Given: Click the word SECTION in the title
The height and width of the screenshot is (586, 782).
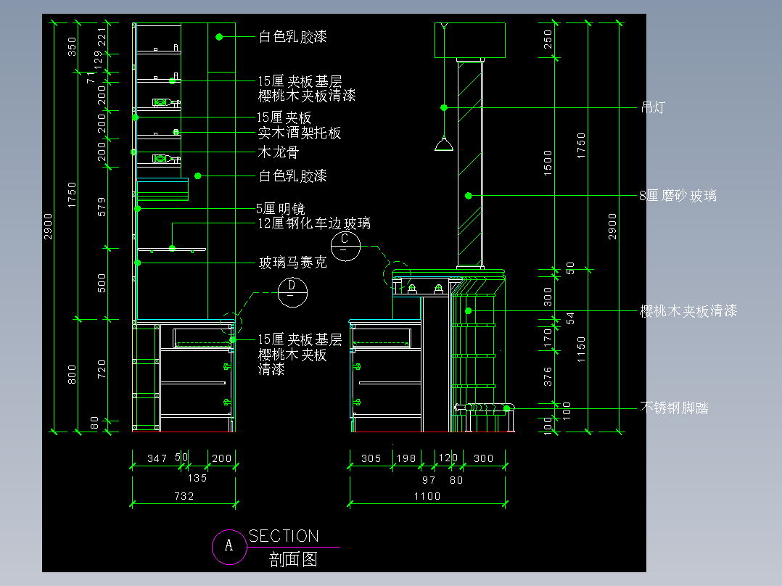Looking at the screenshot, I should pos(283,536).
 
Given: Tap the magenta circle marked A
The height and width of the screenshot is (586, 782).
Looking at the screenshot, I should pos(229,545).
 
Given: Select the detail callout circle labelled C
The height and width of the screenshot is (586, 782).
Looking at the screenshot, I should pos(345,244).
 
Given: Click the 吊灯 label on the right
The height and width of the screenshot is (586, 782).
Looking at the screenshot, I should pos(653,108).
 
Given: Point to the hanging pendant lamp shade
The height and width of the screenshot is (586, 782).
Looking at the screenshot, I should pos(444,144).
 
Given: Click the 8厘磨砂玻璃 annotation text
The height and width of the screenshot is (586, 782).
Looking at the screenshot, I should pos(678,196).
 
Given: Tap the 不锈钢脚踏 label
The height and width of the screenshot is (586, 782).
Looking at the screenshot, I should pos(675,408).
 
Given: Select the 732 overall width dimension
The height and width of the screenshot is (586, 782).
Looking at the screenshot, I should pos(184,496).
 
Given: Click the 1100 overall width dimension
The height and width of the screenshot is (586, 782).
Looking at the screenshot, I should pos(427,496).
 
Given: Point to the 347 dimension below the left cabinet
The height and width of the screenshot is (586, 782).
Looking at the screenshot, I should pos(157,458).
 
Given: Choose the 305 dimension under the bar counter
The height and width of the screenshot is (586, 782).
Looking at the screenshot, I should pos(371,458).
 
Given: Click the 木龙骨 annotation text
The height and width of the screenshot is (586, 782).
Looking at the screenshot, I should pos(279,152).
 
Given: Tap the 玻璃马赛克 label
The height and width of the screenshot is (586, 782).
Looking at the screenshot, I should pos(293,263).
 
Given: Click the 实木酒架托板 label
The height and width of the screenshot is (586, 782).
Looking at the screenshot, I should pos(300,133).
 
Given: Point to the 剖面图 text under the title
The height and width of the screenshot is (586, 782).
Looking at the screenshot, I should pos(293,559).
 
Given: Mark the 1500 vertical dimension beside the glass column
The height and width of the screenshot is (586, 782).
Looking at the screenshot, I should pos(548,162).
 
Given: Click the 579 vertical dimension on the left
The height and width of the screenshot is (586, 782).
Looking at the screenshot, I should pos(102,207).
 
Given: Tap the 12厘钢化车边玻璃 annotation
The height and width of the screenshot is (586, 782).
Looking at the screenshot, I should pos(314,223).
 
